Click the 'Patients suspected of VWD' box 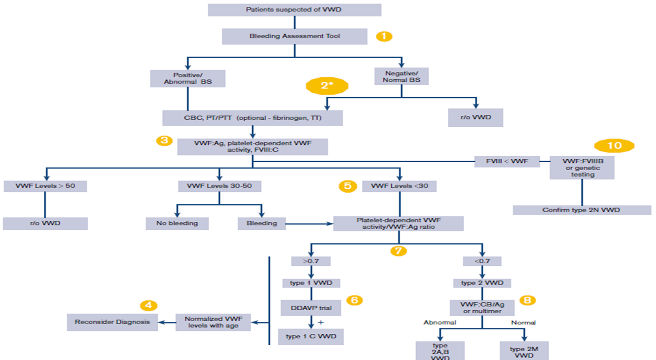click(x=294, y=10)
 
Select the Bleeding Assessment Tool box click(x=294, y=36)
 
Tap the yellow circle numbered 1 click(x=384, y=36)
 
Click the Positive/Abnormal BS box click(x=187, y=78)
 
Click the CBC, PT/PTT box click(x=253, y=118)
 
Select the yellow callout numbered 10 click(x=614, y=145)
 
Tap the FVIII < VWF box click(x=506, y=161)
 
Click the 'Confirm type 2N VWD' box click(x=582, y=210)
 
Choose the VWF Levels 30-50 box click(x=219, y=186)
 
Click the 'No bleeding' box click(x=177, y=223)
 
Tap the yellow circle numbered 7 click(x=398, y=250)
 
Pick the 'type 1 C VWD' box click(x=311, y=336)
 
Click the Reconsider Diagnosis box click(x=112, y=323)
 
